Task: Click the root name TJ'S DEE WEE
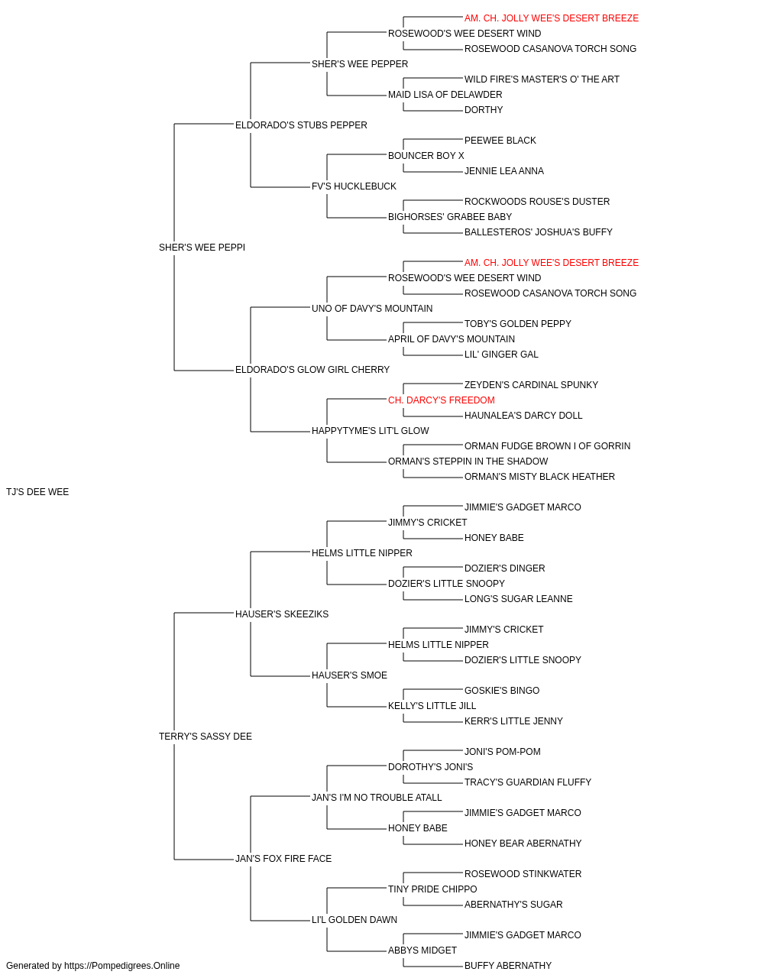click(37, 492)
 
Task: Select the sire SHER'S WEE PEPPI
click(202, 248)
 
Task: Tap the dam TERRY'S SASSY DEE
click(206, 737)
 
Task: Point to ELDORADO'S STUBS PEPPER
click(301, 125)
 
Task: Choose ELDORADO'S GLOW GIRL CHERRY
click(312, 370)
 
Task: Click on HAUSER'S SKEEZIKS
click(282, 614)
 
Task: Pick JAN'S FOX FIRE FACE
click(283, 859)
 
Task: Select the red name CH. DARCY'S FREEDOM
click(442, 400)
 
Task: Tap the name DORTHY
click(484, 110)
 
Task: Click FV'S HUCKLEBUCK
click(354, 186)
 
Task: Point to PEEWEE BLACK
click(500, 141)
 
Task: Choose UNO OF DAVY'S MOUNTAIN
click(372, 308)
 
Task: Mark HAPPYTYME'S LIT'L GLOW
click(371, 431)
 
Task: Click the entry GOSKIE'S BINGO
click(502, 691)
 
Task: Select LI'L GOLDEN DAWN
click(354, 920)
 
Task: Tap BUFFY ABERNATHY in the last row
click(508, 966)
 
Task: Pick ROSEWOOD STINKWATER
click(523, 874)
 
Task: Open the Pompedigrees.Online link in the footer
click(122, 966)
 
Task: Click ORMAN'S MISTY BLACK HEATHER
click(539, 477)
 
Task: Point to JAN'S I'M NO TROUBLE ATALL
click(377, 798)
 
